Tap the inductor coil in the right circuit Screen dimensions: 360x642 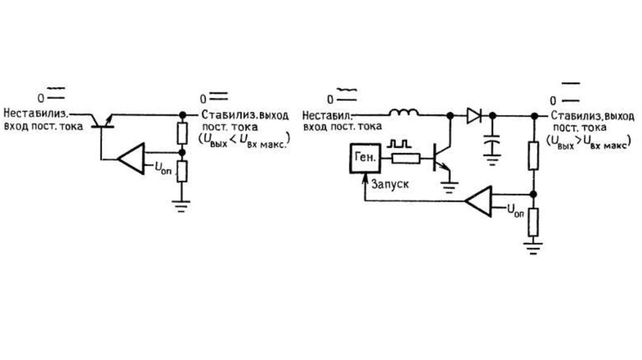coord(405,114)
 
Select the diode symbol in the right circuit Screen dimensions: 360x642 coord(473,115)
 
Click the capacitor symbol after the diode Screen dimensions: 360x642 coord(492,144)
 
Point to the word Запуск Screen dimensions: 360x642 coord(391,186)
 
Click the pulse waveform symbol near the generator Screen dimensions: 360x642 coord(399,144)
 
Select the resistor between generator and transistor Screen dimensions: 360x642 coord(405,159)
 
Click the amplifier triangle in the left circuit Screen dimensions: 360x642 coord(131,158)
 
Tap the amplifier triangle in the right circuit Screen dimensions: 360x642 coord(479,201)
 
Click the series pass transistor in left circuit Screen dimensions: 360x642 coord(101,121)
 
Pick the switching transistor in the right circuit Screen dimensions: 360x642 coord(441,158)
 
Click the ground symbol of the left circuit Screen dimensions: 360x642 coord(182,206)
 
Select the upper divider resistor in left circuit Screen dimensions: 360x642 coord(182,134)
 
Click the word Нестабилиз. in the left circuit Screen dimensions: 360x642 coord(35,114)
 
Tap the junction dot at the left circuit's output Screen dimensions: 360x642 coord(182,115)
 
